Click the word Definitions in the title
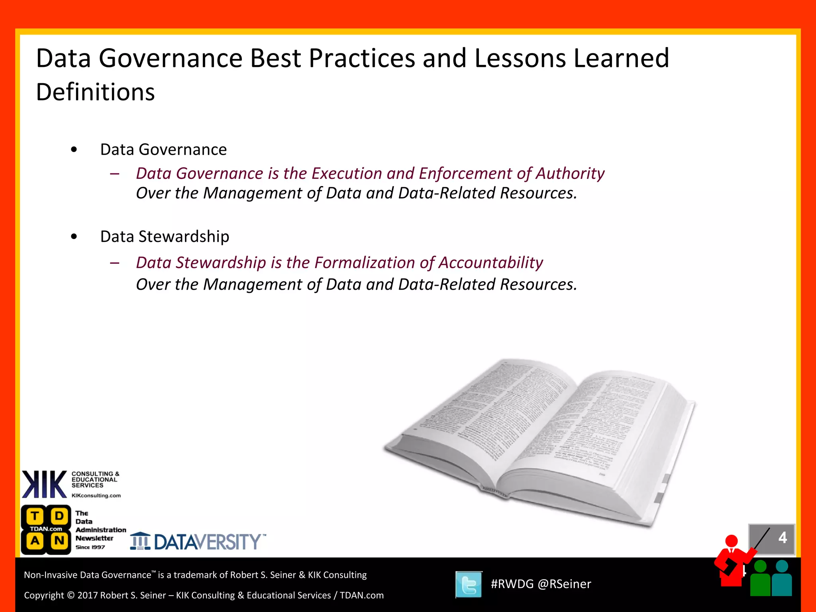pyautogui.click(x=95, y=92)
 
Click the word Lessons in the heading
pyautogui.click(x=520, y=58)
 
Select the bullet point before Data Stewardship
pyautogui.click(x=74, y=237)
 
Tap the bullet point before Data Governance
pyautogui.click(x=74, y=150)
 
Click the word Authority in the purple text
pyautogui.click(x=570, y=173)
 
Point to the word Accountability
pyautogui.click(x=491, y=263)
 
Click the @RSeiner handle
pyautogui.click(x=564, y=584)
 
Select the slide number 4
pyautogui.click(x=783, y=538)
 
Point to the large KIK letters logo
pyautogui.click(x=44, y=484)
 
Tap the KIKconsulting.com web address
pyautogui.click(x=96, y=496)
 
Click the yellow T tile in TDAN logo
pyautogui.click(x=35, y=516)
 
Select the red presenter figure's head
pyautogui.click(x=732, y=541)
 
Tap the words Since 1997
pyautogui.click(x=90, y=547)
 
